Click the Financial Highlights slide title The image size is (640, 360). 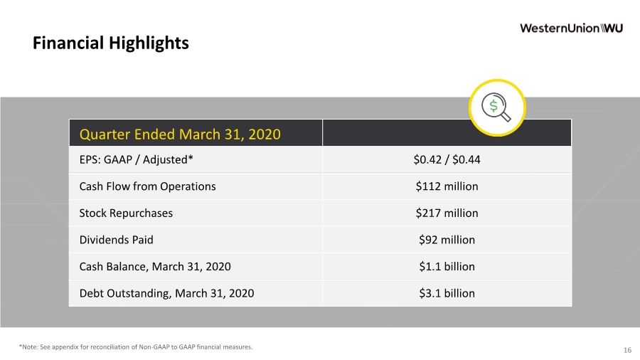coord(111,43)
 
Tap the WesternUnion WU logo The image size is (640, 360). coord(571,28)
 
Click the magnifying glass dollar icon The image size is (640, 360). coord(497,107)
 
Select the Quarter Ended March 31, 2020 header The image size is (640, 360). coord(180,134)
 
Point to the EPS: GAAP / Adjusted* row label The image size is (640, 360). coord(136,159)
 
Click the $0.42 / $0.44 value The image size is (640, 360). coord(447,159)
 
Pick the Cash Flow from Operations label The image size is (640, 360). coord(147,186)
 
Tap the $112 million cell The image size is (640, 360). coord(447,186)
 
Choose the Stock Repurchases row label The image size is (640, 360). coord(126,213)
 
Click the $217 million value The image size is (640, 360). coord(447,213)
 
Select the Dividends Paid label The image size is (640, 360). coord(117,240)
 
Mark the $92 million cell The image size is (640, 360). coord(447,240)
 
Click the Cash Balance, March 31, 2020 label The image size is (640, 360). coord(155,267)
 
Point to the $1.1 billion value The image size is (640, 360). coord(447,267)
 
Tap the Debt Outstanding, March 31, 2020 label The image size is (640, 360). coord(166,293)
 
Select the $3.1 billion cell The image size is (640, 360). coord(447,293)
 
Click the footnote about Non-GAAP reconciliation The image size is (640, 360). coord(136,347)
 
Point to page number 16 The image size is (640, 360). coord(627,350)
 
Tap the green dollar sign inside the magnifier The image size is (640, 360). coord(494,106)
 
